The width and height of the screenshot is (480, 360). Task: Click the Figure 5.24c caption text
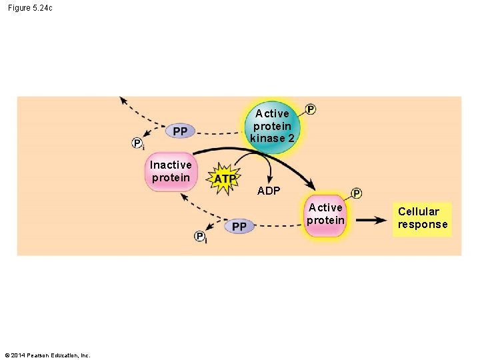click(31, 7)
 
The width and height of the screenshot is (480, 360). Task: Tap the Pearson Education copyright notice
click(47, 355)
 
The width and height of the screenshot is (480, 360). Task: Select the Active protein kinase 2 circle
click(272, 127)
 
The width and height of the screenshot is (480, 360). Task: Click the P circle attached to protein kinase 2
click(311, 109)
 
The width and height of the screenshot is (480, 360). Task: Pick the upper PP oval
click(180, 131)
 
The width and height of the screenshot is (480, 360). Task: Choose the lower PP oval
click(239, 227)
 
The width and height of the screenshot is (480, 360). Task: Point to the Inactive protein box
click(171, 171)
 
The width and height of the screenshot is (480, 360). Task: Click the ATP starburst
click(225, 179)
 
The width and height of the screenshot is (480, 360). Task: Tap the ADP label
click(269, 191)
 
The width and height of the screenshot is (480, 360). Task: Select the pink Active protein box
click(326, 215)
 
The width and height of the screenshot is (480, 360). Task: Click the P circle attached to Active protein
click(357, 193)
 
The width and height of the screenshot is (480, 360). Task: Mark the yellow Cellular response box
click(423, 218)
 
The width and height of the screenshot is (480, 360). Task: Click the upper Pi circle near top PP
click(138, 143)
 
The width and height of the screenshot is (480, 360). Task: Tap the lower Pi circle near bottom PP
click(201, 237)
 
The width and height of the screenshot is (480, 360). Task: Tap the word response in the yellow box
click(423, 225)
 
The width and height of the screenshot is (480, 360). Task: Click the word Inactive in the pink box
click(171, 165)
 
